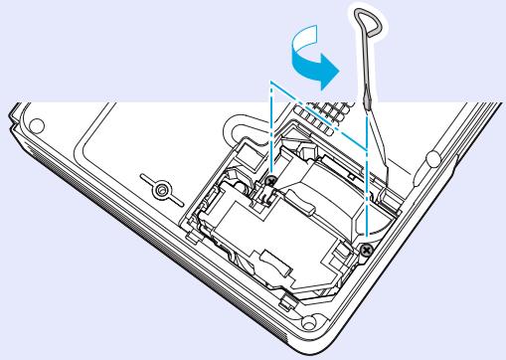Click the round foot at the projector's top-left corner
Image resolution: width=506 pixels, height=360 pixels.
point(37,127)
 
